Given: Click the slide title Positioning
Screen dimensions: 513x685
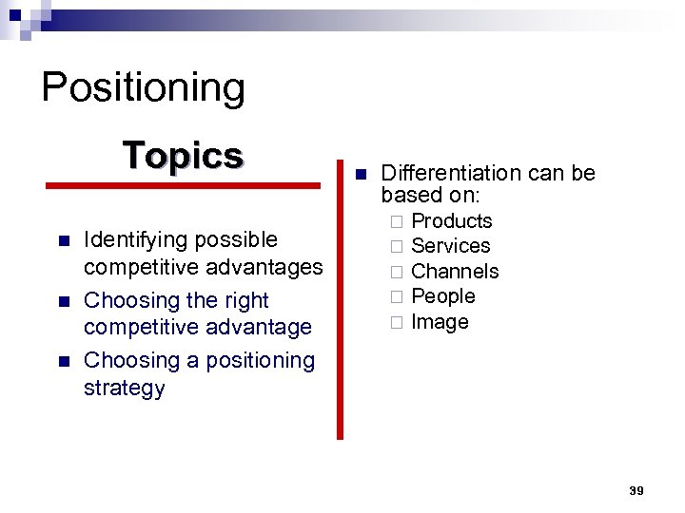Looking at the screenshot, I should (x=143, y=87).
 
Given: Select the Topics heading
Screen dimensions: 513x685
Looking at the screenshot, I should (x=183, y=155).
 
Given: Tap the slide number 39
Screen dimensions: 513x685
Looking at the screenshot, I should (x=636, y=490).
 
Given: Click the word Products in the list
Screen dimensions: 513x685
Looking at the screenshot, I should (x=451, y=221).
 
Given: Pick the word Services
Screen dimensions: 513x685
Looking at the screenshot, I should (x=450, y=246).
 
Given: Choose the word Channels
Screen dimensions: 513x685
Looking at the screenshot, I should (x=455, y=272).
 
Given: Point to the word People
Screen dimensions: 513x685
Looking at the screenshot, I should (x=442, y=296).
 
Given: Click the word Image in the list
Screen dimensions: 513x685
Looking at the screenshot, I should (x=440, y=322).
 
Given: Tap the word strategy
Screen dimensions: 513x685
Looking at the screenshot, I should (x=124, y=389).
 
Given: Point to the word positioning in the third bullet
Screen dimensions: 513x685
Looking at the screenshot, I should (x=258, y=361).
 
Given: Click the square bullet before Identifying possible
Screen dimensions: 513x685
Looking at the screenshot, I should (x=63, y=240).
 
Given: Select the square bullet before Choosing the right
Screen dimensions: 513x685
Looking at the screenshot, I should (x=63, y=301).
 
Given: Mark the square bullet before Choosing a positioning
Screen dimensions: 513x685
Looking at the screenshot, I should (x=63, y=362).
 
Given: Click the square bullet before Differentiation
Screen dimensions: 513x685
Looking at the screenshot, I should (x=359, y=175).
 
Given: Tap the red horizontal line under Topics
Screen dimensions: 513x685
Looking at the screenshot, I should (x=185, y=186).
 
